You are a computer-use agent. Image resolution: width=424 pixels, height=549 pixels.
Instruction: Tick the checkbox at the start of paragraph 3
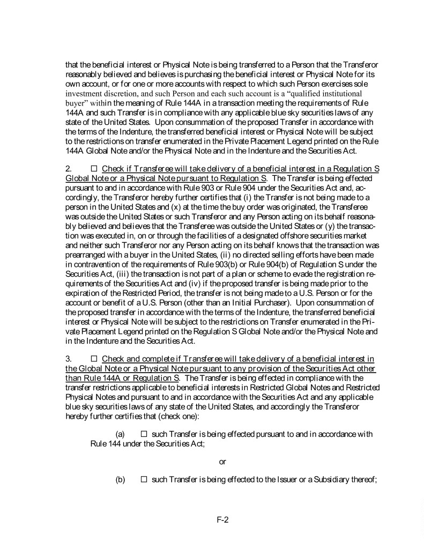coord(94,358)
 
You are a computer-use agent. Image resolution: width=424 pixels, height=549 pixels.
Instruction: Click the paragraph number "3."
coord(69,358)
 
